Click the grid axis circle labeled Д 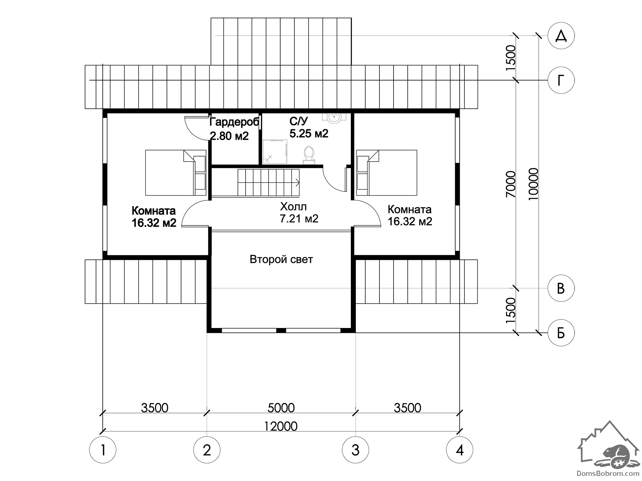pyautogui.click(x=561, y=36)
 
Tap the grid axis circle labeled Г pyautogui.click(x=561, y=80)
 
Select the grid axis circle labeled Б pyautogui.click(x=561, y=333)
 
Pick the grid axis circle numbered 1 pyautogui.click(x=103, y=450)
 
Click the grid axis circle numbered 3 pyautogui.click(x=355, y=450)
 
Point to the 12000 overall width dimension pyautogui.click(x=281, y=426)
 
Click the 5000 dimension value pyautogui.click(x=281, y=408)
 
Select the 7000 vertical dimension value pyautogui.click(x=510, y=184)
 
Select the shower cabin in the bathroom pyautogui.click(x=275, y=152)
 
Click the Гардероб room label pyautogui.click(x=234, y=122)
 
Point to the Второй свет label pyautogui.click(x=281, y=259)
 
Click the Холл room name pyautogui.click(x=293, y=206)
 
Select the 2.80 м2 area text pyautogui.click(x=229, y=136)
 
